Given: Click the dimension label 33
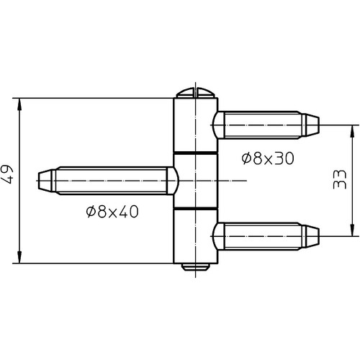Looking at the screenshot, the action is click(340, 179).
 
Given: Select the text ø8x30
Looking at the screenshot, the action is click(268, 158).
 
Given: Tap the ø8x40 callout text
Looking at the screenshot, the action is click(112, 212).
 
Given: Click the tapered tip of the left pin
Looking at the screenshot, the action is click(45, 181).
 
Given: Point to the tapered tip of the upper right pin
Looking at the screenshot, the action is click(312, 125).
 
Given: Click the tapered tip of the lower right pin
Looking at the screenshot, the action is click(312, 236).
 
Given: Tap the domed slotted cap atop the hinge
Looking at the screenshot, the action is click(196, 93).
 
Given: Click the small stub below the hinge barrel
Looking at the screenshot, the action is click(196, 267).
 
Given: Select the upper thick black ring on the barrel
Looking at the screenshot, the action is click(196, 153).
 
